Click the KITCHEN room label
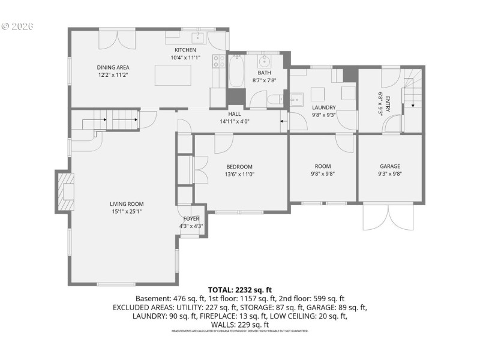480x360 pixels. click(x=185, y=50)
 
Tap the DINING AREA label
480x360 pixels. click(x=113, y=67)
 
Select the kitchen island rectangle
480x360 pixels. click(x=173, y=76)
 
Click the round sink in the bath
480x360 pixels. click(x=265, y=61)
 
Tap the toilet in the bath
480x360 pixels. click(x=276, y=100)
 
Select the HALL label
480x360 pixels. click(x=235, y=114)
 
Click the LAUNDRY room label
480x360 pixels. click(x=323, y=108)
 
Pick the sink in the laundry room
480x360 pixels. click(x=296, y=99)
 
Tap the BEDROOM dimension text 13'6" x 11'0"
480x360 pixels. click(x=239, y=175)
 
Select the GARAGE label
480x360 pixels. click(x=389, y=166)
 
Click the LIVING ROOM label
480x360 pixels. click(x=127, y=203)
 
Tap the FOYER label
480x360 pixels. click(x=191, y=219)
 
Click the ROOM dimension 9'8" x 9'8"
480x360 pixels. click(x=323, y=174)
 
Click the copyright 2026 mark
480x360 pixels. click(x=17, y=26)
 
